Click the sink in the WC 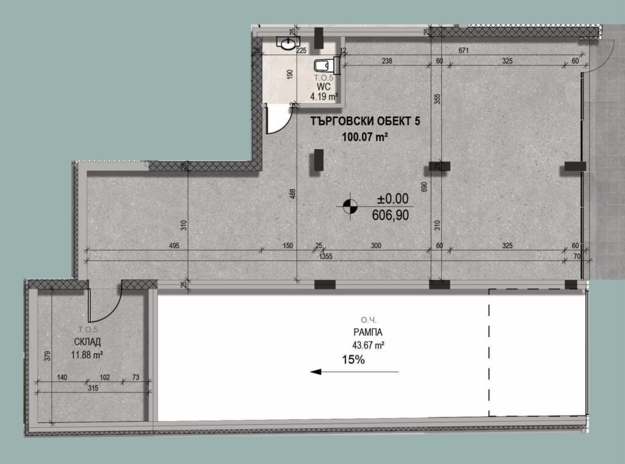pyautogui.click(x=288, y=43)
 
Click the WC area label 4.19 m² pyautogui.click(x=324, y=96)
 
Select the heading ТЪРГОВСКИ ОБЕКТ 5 pyautogui.click(x=365, y=120)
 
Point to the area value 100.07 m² pyautogui.click(x=365, y=137)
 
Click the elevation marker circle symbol pyautogui.click(x=351, y=206)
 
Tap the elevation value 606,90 pyautogui.click(x=390, y=215)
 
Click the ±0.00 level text pyautogui.click(x=393, y=199)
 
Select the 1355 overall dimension pyautogui.click(x=326, y=256)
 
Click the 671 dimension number pyautogui.click(x=464, y=51)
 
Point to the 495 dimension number pyautogui.click(x=174, y=246)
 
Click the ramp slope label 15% pyautogui.click(x=353, y=360)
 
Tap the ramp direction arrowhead pyautogui.click(x=316, y=372)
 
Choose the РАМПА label pyautogui.click(x=367, y=332)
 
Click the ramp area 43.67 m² pyautogui.click(x=368, y=345)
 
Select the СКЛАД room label pyautogui.click(x=87, y=342)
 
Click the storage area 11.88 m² pyautogui.click(x=87, y=354)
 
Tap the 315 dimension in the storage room pyautogui.click(x=93, y=388)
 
